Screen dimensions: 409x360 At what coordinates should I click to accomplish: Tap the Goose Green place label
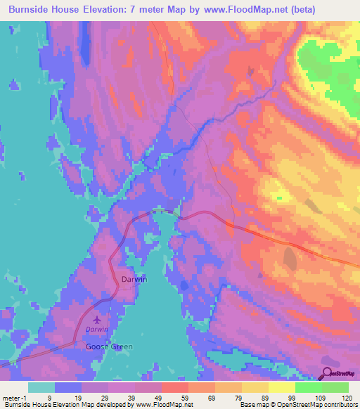click(108, 346)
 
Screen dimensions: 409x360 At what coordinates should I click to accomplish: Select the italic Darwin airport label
click(97, 329)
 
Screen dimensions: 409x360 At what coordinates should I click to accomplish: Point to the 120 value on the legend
click(346, 398)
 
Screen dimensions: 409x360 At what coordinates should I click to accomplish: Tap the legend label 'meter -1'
click(14, 398)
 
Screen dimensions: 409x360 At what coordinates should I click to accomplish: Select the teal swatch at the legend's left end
click(41, 387)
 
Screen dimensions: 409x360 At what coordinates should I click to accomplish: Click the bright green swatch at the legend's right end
click(335, 387)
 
